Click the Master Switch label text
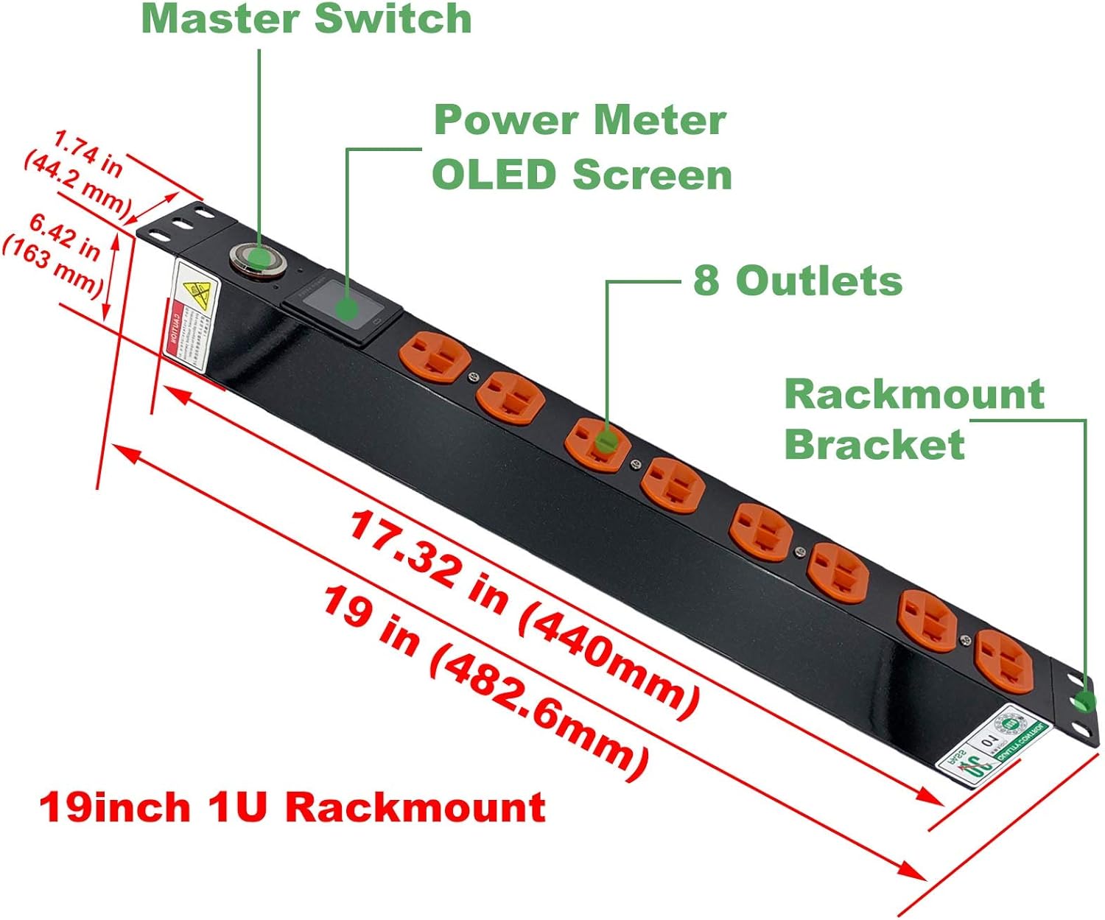(306, 18)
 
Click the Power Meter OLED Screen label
(581, 147)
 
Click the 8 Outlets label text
(797, 281)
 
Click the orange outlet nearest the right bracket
(1003, 661)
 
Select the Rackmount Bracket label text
(913, 418)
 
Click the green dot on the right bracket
(1084, 700)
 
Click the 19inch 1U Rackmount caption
(292, 807)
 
